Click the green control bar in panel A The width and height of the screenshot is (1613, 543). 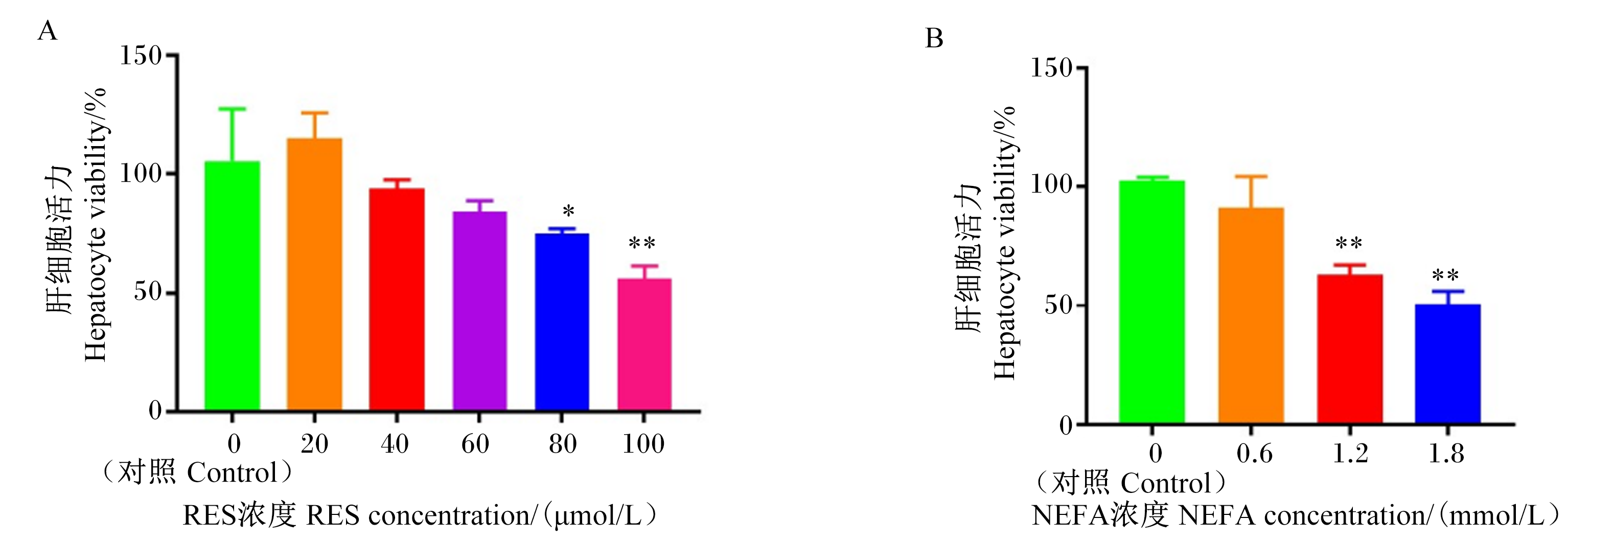coord(233,286)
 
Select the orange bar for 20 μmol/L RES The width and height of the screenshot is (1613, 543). coord(314,275)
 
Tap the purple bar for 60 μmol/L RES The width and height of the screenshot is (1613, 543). coord(479,311)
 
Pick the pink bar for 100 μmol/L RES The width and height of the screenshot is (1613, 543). coord(644,345)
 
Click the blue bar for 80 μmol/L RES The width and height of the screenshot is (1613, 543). coord(562,322)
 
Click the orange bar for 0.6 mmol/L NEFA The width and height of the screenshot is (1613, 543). coord(1251,316)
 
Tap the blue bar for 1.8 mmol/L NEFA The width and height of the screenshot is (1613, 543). coord(1448,364)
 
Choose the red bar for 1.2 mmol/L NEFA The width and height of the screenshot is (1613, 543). coord(1350,349)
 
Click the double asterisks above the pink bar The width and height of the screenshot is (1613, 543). coord(642,243)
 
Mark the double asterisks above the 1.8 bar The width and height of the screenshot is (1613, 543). coord(1446,276)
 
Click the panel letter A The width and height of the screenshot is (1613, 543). coord(48,31)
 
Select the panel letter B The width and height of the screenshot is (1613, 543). coord(934,39)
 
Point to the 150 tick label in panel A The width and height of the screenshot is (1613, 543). coord(141,56)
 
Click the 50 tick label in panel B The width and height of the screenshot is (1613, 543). coord(1059,305)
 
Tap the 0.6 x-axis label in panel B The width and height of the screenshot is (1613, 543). coord(1254,454)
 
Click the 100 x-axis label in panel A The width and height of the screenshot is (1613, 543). coord(643,444)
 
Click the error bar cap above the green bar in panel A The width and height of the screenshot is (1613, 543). coord(233,109)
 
